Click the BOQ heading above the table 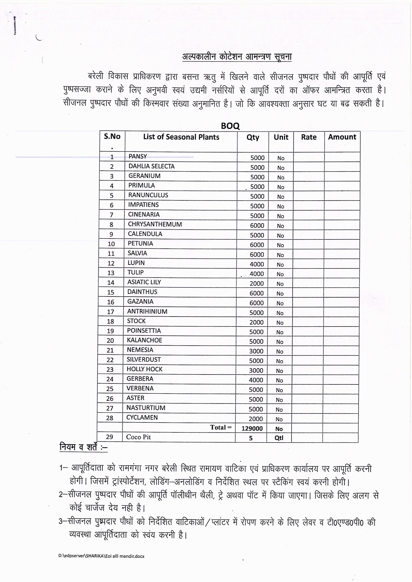[230, 126]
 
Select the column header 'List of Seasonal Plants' [181, 137]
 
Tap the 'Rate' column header [309, 137]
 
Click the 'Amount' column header [342, 137]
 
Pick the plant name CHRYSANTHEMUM [155, 224]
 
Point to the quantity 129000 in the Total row [252, 428]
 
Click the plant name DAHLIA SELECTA [152, 166]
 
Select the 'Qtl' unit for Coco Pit [279, 438]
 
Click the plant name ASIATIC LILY [144, 282]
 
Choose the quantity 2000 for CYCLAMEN [256, 419]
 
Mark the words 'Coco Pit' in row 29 [139, 437]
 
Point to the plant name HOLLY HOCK [144, 369]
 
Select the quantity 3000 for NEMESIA [256, 351]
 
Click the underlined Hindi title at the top [237, 57]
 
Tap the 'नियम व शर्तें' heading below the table [83, 447]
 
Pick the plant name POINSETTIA [144, 331]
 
